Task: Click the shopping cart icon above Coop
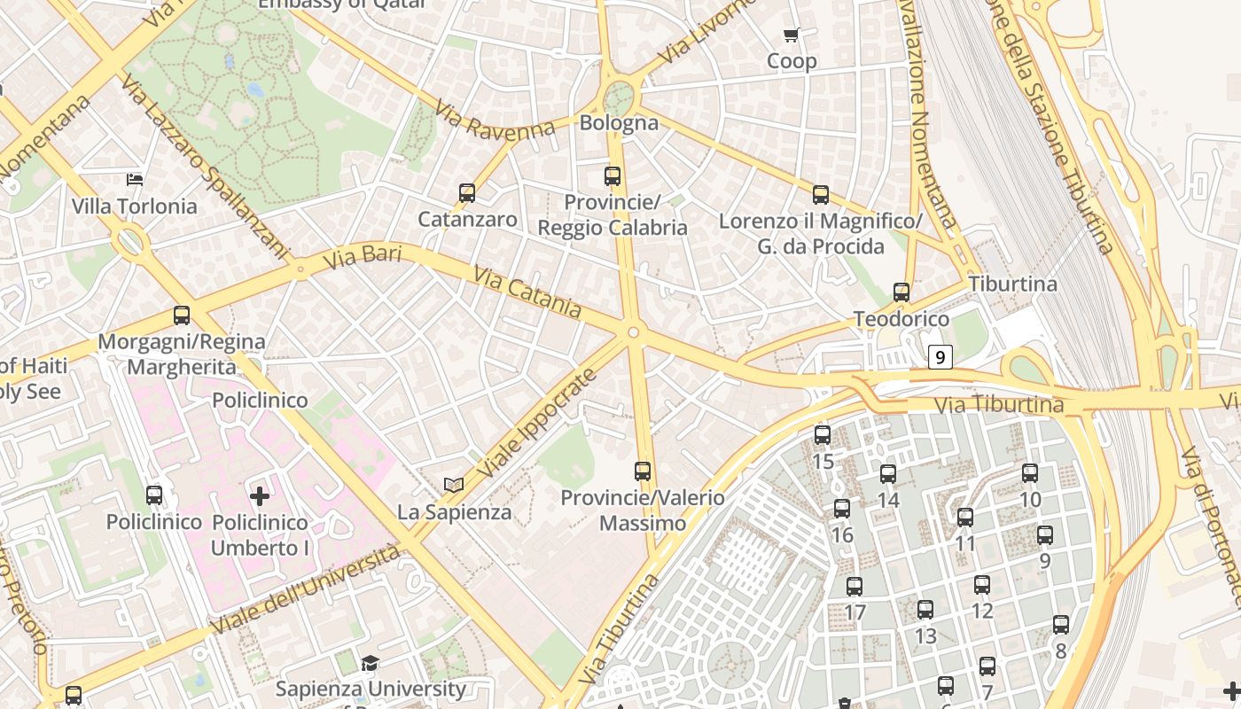pyautogui.click(x=791, y=35)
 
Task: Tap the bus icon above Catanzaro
pyautogui.click(x=467, y=192)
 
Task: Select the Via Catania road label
pyautogui.click(x=527, y=292)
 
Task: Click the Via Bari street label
pyautogui.click(x=362, y=258)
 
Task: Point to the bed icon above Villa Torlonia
pyautogui.click(x=135, y=180)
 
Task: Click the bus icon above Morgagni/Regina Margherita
pyautogui.click(x=182, y=316)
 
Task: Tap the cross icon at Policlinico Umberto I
pyautogui.click(x=260, y=496)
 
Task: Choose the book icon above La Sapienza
pyautogui.click(x=454, y=485)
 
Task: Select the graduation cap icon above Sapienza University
pyautogui.click(x=370, y=663)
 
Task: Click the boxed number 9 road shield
pyautogui.click(x=941, y=357)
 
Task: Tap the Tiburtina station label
pyautogui.click(x=1012, y=284)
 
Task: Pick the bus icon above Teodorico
pyautogui.click(x=901, y=292)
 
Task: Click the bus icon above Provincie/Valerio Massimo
pyautogui.click(x=643, y=471)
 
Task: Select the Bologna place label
pyautogui.click(x=619, y=122)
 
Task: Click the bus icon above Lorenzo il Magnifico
pyautogui.click(x=821, y=195)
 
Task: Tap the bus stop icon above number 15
pyautogui.click(x=823, y=435)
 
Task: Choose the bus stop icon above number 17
pyautogui.click(x=855, y=587)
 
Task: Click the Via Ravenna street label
pyautogui.click(x=494, y=121)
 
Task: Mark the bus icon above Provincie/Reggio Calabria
pyautogui.click(x=613, y=175)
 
